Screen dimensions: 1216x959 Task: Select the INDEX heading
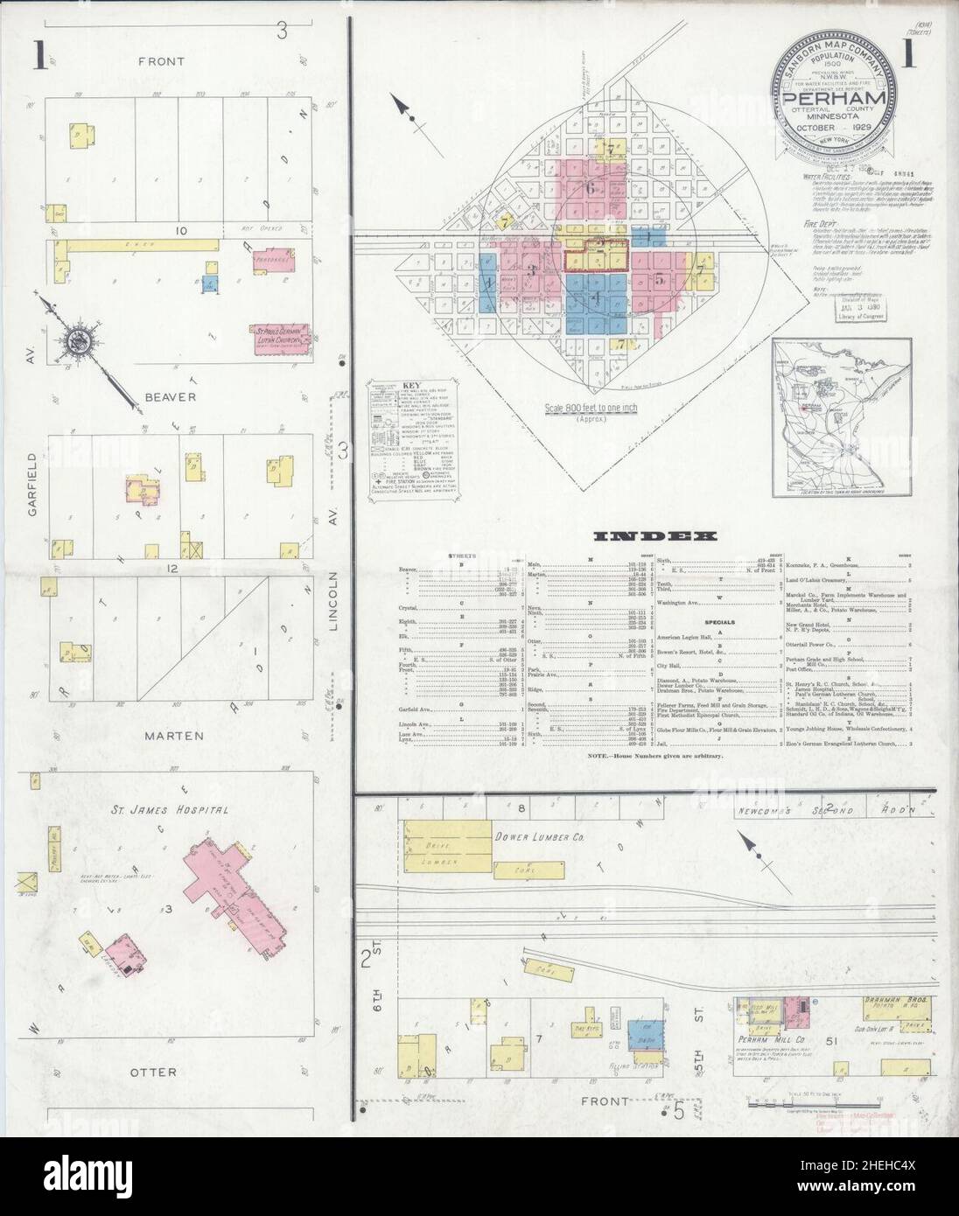(654, 535)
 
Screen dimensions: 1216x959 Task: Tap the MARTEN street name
(171, 736)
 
